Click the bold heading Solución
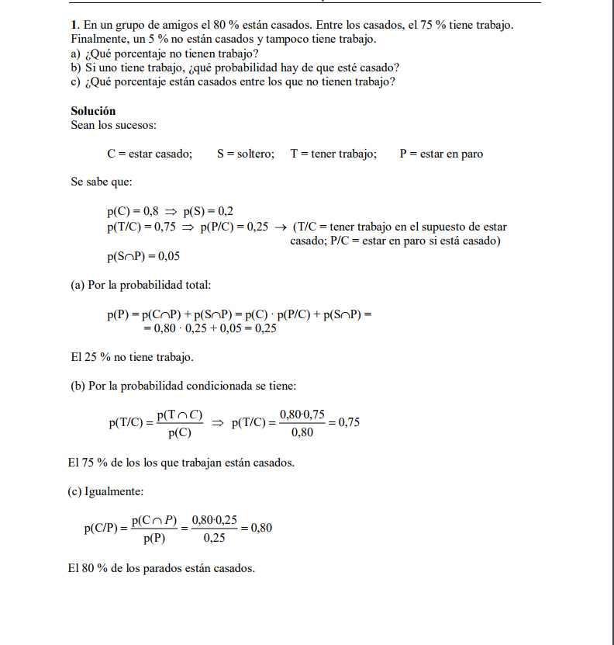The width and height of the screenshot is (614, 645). pyautogui.click(x=93, y=111)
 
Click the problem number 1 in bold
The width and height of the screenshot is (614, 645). pyautogui.click(x=73, y=26)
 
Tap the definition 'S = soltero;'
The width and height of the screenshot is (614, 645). pyautogui.click(x=246, y=154)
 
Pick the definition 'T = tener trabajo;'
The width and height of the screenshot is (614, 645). pyautogui.click(x=333, y=154)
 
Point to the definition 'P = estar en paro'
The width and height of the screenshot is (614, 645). pyautogui.click(x=441, y=154)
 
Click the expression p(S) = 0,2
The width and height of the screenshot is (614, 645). pyautogui.click(x=209, y=212)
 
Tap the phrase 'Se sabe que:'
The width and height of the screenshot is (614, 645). pyautogui.click(x=101, y=182)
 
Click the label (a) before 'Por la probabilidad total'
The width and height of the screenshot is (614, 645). pyautogui.click(x=78, y=286)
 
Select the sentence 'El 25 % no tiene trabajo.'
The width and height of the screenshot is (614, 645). pyautogui.click(x=132, y=357)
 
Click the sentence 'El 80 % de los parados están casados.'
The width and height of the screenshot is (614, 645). pyautogui.click(x=161, y=568)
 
